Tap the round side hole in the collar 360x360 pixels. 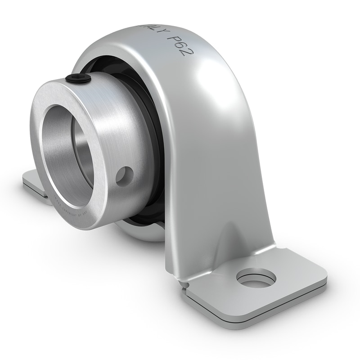[x=125, y=175]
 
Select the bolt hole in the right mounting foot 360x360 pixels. [x=256, y=278]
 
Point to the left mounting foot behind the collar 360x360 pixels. [x=34, y=183]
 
